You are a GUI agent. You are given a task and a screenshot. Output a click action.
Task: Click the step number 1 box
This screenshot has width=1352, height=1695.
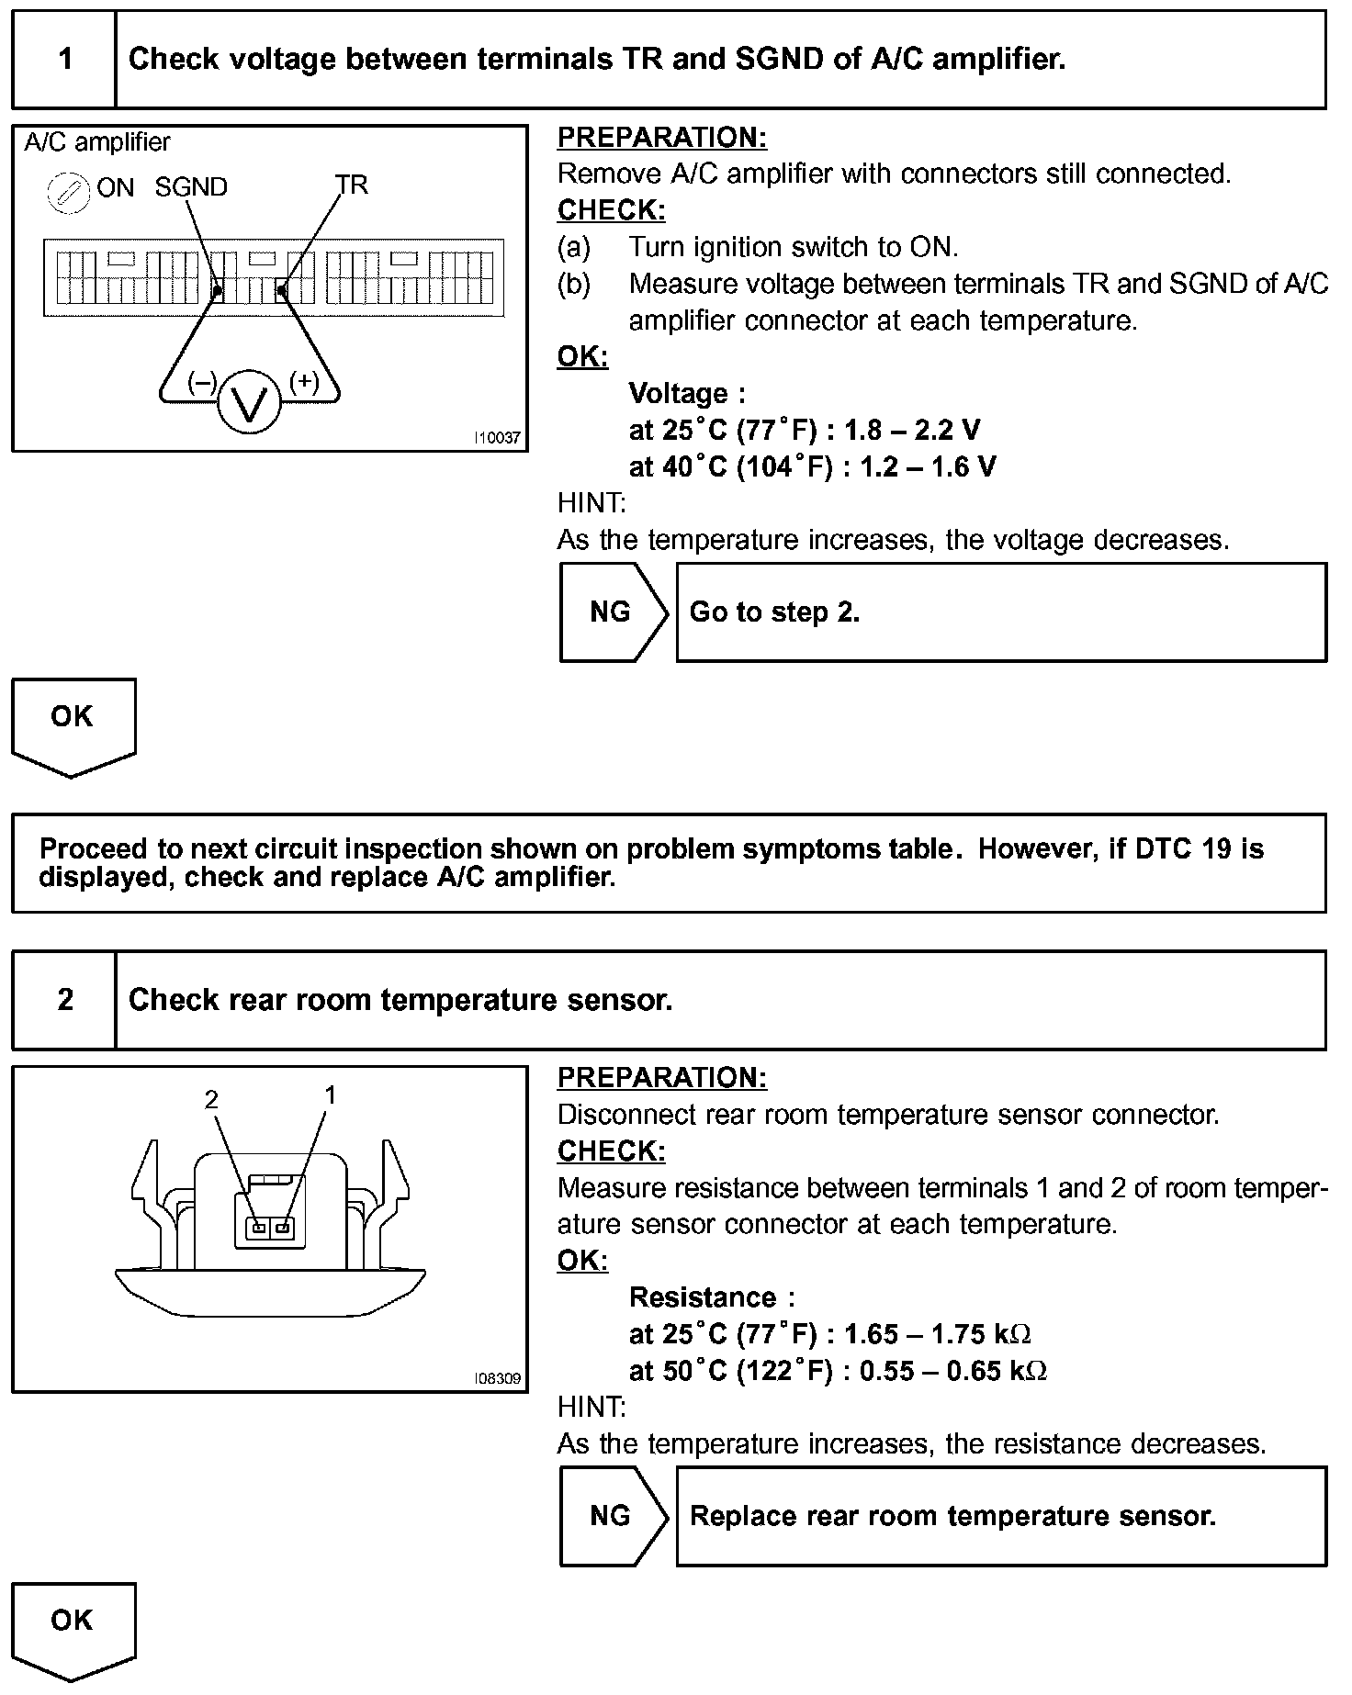[64, 60]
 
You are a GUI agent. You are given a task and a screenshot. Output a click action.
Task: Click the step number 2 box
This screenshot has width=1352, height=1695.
[64, 1000]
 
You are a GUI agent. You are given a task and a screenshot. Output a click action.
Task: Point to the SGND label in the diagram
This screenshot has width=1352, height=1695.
[191, 187]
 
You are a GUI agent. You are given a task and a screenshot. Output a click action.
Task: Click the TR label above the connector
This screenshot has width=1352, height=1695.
[351, 185]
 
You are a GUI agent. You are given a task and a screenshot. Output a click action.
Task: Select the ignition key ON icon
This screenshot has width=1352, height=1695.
[68, 193]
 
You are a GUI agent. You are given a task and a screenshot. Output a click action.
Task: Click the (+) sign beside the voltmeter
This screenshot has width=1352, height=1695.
[304, 382]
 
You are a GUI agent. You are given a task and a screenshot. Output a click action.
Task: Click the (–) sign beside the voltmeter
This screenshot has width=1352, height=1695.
[201, 382]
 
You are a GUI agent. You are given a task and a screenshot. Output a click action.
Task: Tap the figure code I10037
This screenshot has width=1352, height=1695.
[497, 439]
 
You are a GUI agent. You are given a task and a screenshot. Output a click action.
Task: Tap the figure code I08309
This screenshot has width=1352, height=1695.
[497, 1379]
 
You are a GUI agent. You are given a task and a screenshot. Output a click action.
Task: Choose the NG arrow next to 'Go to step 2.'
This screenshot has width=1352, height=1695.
[613, 612]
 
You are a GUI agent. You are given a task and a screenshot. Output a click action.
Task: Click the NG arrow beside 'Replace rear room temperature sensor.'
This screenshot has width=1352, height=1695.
[613, 1515]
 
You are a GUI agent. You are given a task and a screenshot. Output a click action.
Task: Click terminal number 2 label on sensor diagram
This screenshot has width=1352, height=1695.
[212, 1099]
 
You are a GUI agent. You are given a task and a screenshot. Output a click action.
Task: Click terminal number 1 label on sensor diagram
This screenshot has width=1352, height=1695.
[331, 1094]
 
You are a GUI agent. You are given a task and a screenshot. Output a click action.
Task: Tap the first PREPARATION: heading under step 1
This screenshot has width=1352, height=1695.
[661, 138]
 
